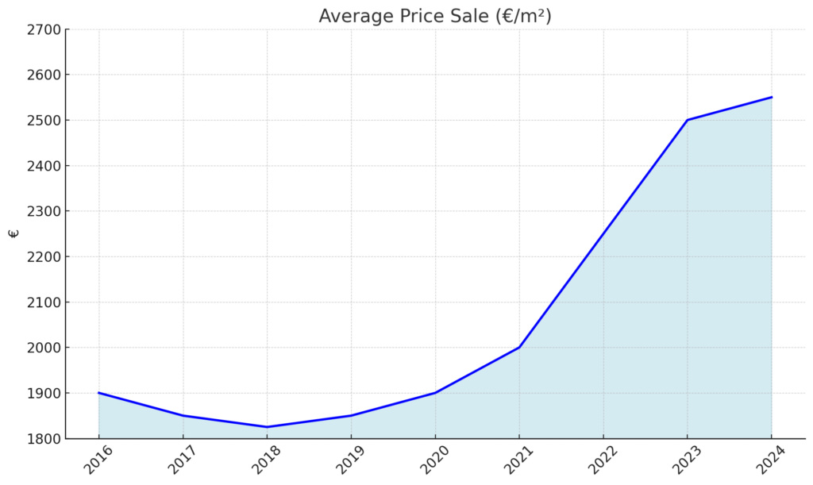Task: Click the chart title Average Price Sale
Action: coord(434,16)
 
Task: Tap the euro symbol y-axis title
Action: coord(13,233)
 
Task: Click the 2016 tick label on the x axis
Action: coord(99,460)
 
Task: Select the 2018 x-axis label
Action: coord(267,460)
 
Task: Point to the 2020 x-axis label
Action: coord(435,460)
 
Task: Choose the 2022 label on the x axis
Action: coord(603,460)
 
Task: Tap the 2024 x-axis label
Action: coord(771,460)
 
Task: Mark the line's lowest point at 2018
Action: coord(267,427)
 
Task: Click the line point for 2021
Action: coord(519,347)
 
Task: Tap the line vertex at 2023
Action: coord(688,120)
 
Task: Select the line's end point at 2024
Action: coord(771,98)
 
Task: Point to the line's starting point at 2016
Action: coord(99,393)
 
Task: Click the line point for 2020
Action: coord(435,393)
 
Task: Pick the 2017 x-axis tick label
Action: coord(183,460)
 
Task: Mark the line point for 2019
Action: coord(351,415)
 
